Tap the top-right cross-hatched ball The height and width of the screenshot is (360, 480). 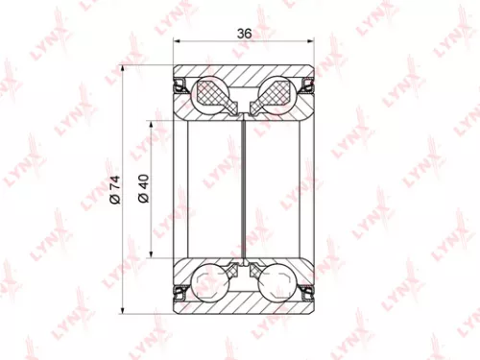(277, 93)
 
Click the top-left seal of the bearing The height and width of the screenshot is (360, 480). (180, 86)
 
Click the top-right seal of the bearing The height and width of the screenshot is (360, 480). (310, 86)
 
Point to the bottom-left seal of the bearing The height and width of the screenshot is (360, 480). (180, 289)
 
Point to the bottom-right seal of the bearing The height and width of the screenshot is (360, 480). (310, 289)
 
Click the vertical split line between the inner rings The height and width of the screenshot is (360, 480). (245, 188)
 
